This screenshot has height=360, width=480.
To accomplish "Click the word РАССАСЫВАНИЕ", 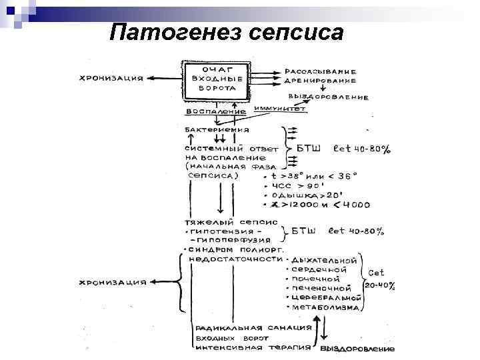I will pos(321,71).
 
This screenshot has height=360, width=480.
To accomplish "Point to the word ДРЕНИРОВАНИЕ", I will pos(321,80).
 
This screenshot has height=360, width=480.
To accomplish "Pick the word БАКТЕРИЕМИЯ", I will pos(217,129).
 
